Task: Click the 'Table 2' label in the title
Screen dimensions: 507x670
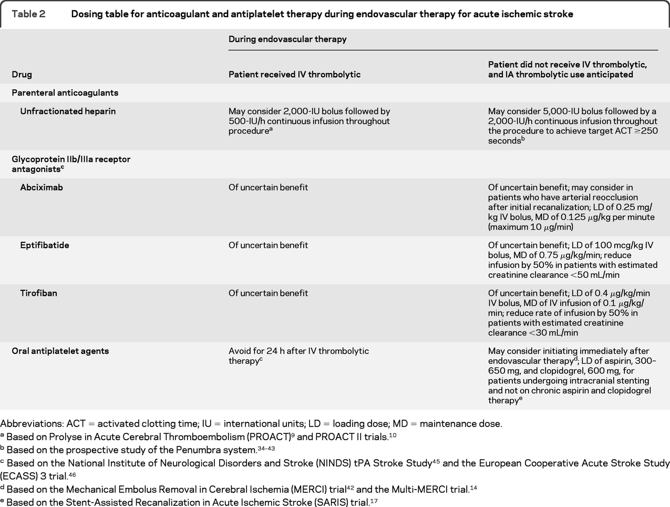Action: pos(28,14)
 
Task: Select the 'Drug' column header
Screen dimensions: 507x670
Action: pos(22,75)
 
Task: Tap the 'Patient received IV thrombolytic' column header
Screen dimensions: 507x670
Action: pos(294,75)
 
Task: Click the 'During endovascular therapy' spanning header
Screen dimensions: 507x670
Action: pos(287,39)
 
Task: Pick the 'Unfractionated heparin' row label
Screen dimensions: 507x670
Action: pos(68,111)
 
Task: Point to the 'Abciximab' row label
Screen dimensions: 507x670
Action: pos(42,188)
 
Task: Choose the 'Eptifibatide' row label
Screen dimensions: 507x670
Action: pos(45,246)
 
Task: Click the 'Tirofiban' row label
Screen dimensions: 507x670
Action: pos(38,293)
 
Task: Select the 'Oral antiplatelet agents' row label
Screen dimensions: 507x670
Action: pos(60,351)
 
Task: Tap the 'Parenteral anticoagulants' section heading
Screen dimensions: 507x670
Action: pos(65,93)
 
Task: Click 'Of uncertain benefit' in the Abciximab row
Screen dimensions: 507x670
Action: pos(268,188)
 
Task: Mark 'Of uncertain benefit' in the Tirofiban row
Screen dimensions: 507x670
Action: pos(268,293)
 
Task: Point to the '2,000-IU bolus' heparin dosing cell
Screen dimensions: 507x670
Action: pos(309,121)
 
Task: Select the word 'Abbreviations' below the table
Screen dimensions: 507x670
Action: pos(30,424)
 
